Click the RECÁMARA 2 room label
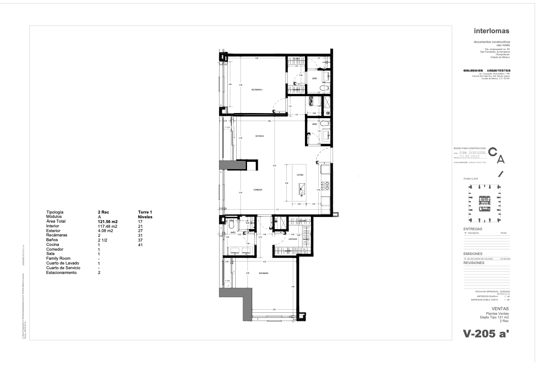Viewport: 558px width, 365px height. (257, 90)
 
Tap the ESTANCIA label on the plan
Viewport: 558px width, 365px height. (259, 136)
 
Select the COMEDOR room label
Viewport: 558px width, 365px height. (258, 190)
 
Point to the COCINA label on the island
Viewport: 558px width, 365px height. (300, 175)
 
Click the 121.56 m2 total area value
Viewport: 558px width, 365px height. (108, 221)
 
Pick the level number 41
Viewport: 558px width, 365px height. (140, 245)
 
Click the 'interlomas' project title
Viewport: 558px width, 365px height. (492, 31)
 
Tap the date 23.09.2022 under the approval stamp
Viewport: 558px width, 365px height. (472, 157)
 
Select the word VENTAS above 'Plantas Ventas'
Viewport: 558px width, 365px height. (501, 309)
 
